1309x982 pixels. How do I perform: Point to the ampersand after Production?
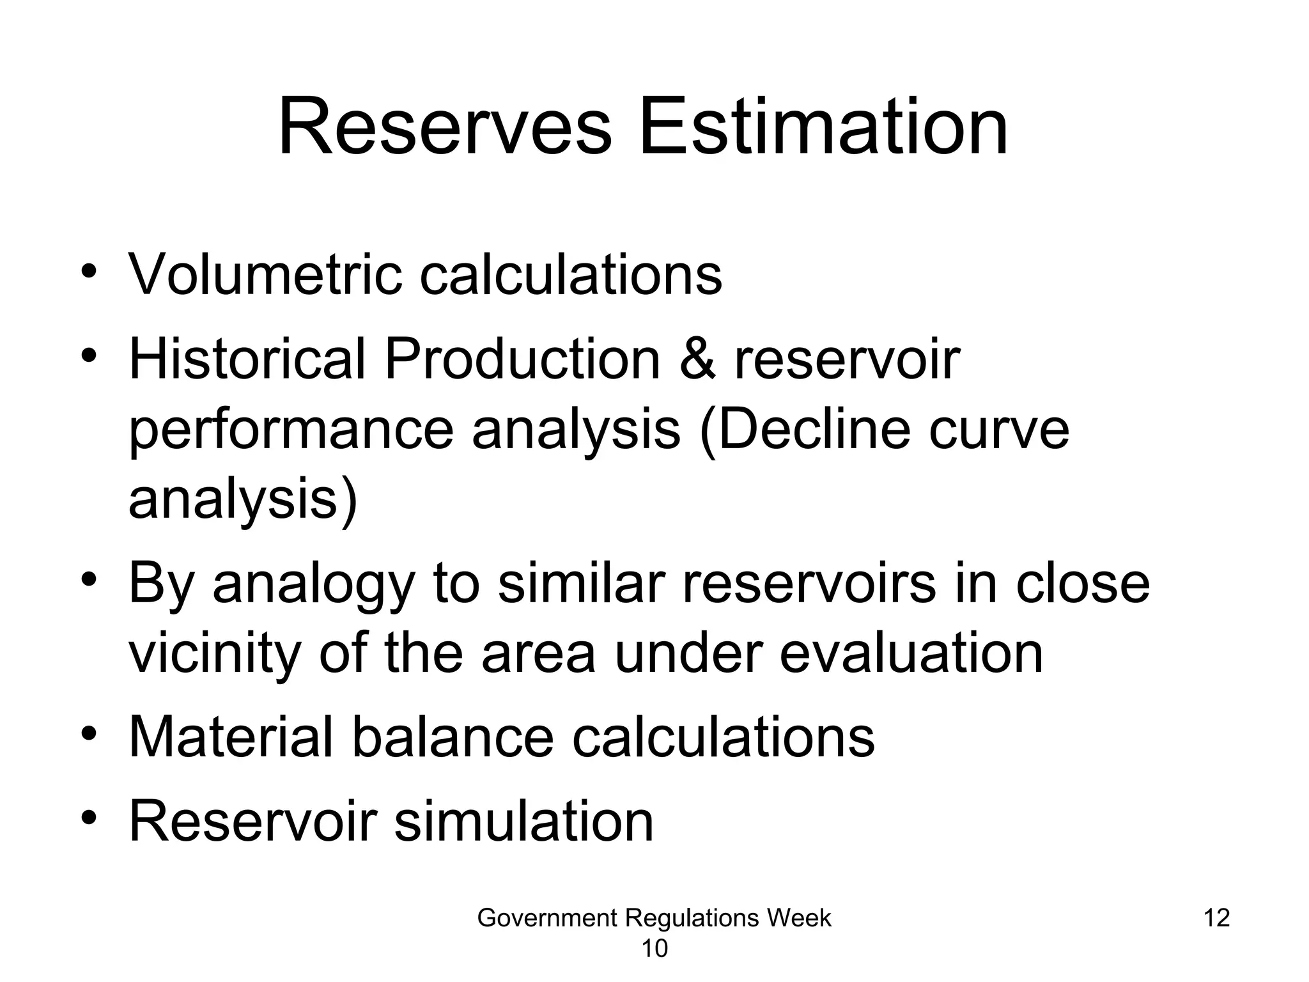697,359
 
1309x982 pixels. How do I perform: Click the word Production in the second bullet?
522,359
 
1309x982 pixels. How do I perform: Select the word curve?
999,430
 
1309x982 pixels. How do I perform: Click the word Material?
231,737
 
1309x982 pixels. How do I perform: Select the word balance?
453,737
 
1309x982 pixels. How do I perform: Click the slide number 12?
1216,918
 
